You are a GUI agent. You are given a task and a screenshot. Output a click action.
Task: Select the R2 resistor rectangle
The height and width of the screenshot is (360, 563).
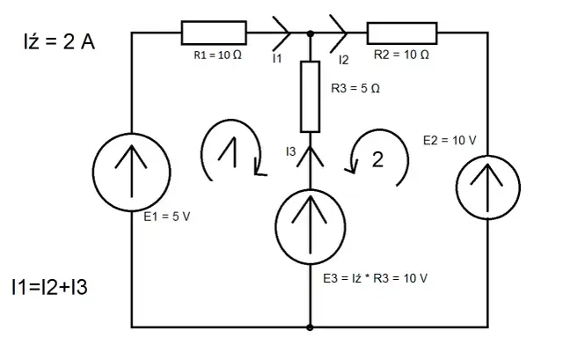coord(402,33)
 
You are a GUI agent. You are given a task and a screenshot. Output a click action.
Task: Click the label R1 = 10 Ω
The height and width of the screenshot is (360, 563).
coord(216,55)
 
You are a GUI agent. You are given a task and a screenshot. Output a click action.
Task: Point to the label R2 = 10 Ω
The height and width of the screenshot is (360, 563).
coord(401,55)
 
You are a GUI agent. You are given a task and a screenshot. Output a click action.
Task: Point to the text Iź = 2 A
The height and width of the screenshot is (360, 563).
coord(58,42)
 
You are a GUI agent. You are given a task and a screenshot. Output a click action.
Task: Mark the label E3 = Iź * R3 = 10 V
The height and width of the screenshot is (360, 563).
coord(376,278)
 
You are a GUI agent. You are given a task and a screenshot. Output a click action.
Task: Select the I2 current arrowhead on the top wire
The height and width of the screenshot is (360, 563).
coord(338,33)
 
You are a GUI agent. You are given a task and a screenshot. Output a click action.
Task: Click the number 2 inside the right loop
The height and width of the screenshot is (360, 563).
coord(378,160)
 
